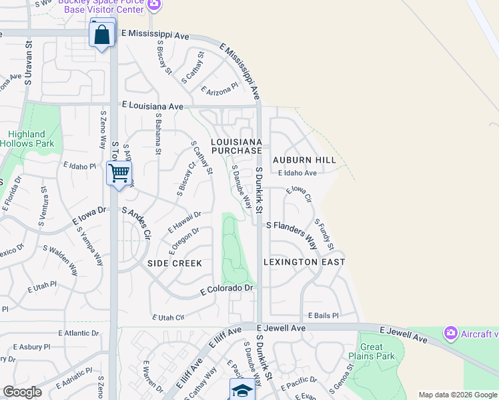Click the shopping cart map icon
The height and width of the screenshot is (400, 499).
[x=119, y=173]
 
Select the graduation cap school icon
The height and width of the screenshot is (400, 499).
[x=242, y=390]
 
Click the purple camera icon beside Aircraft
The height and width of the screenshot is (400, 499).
[x=450, y=333]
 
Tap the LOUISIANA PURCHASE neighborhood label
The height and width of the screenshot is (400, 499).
[x=236, y=147]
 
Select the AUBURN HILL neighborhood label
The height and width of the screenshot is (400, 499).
[x=304, y=161]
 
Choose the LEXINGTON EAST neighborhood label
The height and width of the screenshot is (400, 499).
[x=304, y=262]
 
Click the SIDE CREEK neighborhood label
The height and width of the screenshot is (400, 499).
[x=174, y=263]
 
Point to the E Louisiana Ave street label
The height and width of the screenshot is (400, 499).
[x=152, y=106]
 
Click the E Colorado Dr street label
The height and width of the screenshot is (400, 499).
[x=227, y=289]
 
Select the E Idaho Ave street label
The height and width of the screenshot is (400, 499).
[x=297, y=173]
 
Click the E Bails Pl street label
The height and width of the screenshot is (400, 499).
[x=324, y=315]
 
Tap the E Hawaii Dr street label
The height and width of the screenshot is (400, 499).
[x=185, y=222]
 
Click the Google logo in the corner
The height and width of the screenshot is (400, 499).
[x=22, y=392]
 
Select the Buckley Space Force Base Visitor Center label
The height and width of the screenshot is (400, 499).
[x=110, y=7]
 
